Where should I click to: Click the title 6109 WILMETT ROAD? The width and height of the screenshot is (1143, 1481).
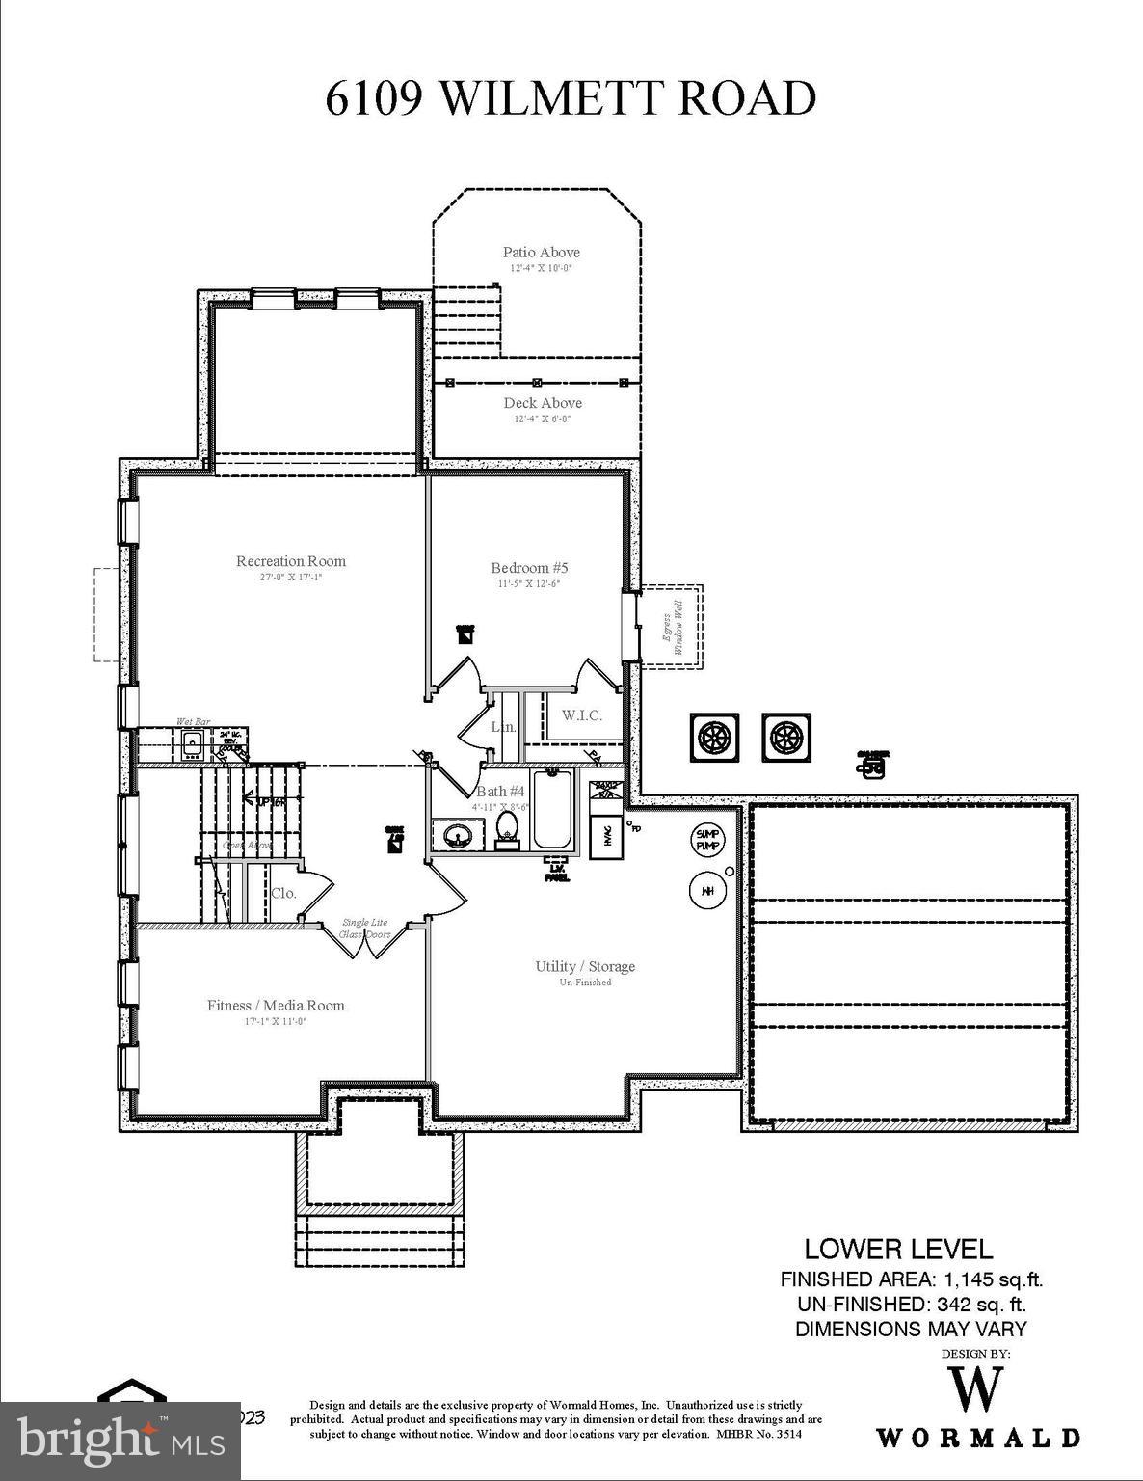tap(571, 98)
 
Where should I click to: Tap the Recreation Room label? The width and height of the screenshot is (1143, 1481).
tap(290, 561)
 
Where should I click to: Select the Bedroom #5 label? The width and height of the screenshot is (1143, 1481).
tap(522, 568)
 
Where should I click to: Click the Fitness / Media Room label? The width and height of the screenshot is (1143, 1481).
tap(276, 1006)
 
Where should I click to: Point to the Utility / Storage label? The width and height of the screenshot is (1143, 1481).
tap(585, 967)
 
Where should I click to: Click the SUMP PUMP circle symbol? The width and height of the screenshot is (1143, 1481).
tap(707, 839)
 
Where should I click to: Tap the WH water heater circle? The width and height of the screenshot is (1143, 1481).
tap(706, 890)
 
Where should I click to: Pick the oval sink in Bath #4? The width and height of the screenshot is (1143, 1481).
tap(456, 834)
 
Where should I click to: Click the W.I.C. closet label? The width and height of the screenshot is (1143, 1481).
tap(582, 715)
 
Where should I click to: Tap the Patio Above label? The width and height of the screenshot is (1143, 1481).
tap(541, 253)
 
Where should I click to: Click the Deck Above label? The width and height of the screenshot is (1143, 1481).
tap(543, 403)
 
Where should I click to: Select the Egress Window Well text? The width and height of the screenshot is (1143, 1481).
tap(672, 627)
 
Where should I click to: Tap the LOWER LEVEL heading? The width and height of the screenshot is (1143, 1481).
tap(898, 1250)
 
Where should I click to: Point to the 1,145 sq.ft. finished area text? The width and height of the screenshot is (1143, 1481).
tap(993, 1280)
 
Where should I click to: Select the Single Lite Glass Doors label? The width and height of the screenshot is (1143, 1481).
tap(365, 929)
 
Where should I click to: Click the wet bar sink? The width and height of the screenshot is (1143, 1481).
tap(193, 743)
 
